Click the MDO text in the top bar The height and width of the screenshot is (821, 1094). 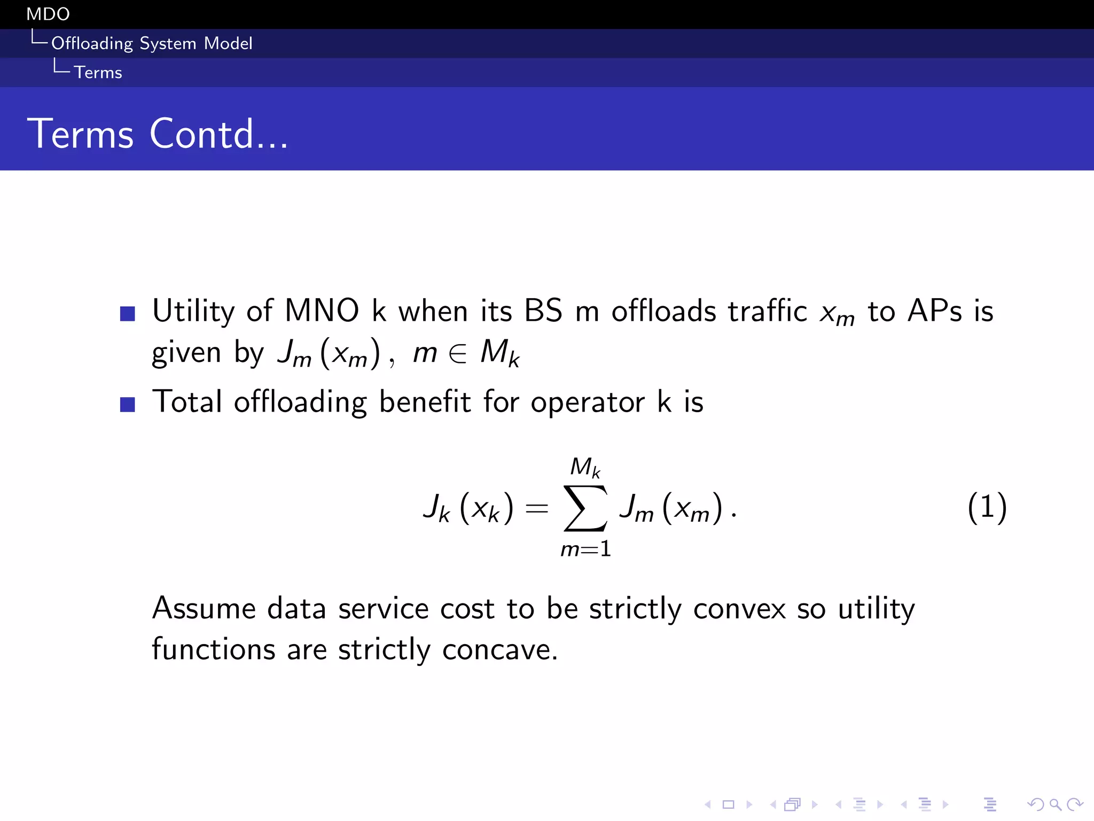[48, 14]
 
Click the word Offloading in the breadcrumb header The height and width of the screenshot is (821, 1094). [92, 43]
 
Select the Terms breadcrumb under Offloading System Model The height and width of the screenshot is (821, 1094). [98, 72]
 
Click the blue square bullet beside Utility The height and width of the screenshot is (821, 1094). [128, 313]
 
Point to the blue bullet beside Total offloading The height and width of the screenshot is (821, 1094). [128, 404]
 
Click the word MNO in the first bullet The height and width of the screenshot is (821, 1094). [322, 311]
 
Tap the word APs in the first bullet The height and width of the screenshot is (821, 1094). [934, 311]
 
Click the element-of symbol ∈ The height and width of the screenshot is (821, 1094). [458, 353]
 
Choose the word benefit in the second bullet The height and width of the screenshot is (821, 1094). [425, 401]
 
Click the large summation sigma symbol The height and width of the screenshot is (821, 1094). [585, 508]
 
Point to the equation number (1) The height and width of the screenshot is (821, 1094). [987, 507]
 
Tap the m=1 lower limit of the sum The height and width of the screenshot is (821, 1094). [585, 549]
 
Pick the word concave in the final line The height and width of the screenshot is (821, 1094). [499, 650]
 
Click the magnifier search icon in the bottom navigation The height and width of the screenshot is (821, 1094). [1055, 804]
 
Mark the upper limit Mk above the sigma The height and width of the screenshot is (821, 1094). [585, 467]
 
